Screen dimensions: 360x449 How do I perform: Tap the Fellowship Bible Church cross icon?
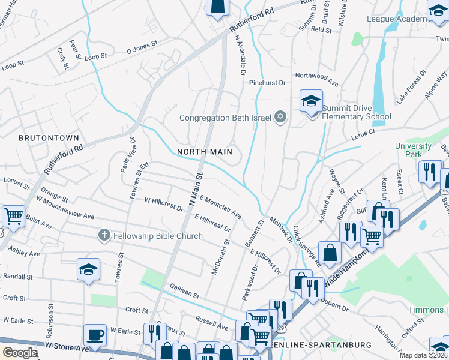[104, 236]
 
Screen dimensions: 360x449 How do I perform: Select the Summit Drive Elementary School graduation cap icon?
[311, 102]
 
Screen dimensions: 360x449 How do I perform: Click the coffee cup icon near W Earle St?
[95, 334]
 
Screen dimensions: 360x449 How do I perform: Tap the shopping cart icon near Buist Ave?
[13, 216]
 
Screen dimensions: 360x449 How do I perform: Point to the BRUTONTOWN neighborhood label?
[49, 138]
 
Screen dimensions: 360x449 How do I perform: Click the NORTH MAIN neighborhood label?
[205, 152]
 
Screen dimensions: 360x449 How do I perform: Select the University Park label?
[413, 150]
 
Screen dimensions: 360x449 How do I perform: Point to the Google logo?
[20, 353]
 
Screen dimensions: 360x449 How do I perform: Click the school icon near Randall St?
[88, 271]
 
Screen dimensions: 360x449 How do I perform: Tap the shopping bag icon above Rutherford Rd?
[217, 6]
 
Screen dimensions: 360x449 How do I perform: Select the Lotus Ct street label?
[363, 131]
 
